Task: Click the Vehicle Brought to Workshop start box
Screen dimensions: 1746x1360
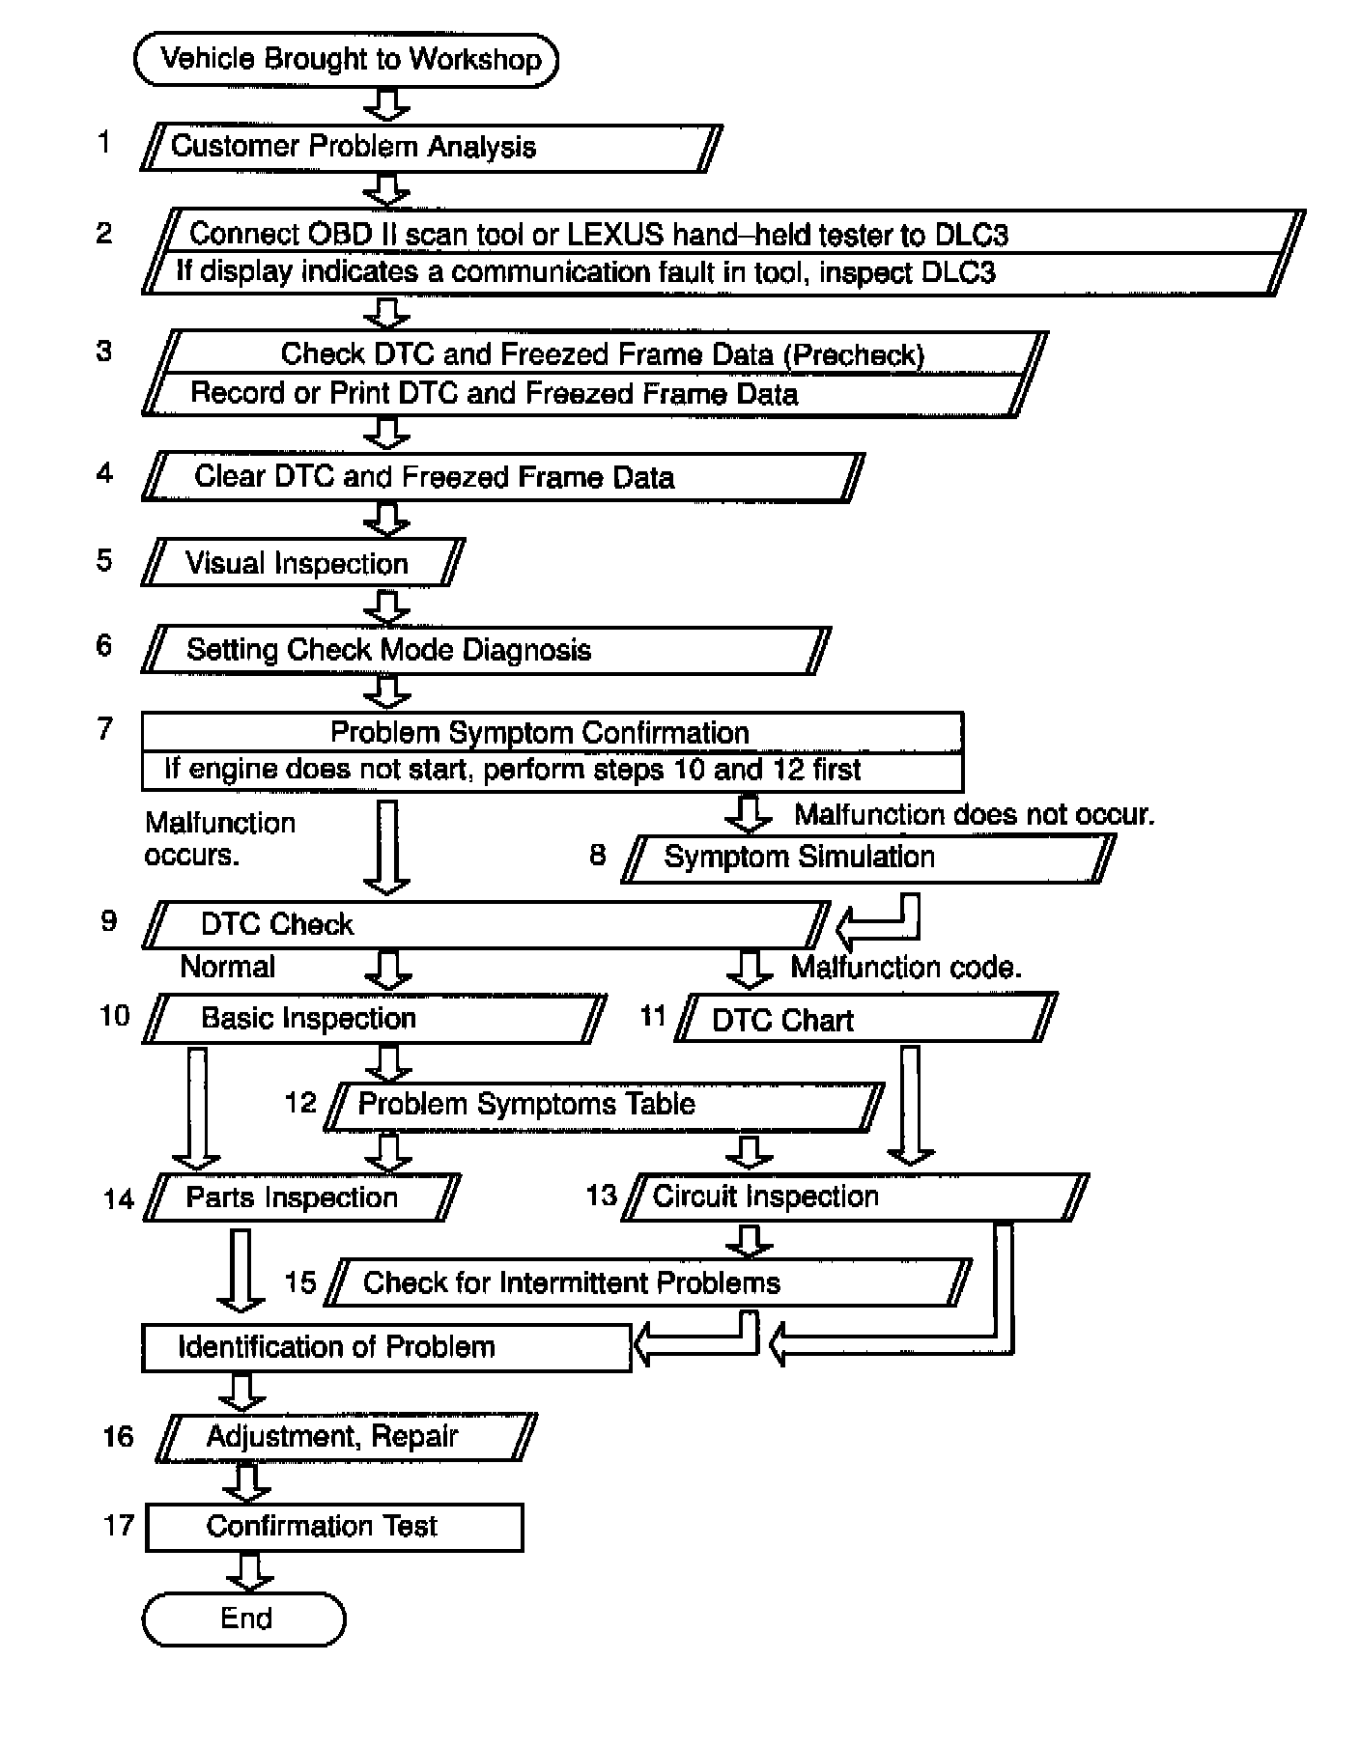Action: point(346,60)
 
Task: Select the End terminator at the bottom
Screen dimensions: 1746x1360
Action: point(244,1619)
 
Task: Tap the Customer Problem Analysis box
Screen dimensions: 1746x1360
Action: point(431,148)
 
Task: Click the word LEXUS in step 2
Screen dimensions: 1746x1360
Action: point(615,235)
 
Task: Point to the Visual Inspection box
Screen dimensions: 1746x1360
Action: point(302,563)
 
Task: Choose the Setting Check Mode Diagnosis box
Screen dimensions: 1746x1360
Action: point(486,649)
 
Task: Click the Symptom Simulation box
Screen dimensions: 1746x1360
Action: point(866,858)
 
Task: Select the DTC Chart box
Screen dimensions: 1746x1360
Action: point(865,1020)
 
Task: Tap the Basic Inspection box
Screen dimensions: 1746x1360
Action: point(374,1019)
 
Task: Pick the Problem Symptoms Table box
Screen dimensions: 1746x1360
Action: point(604,1105)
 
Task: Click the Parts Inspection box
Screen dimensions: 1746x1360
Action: point(301,1197)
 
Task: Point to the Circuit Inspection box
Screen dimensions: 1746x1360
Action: point(855,1197)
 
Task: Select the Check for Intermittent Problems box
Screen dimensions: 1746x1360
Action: point(648,1282)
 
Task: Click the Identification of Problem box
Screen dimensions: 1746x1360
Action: point(385,1347)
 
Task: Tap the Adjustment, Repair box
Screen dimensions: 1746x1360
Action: point(345,1437)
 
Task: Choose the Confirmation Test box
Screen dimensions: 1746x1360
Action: point(334,1527)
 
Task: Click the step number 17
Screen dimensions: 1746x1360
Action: point(118,1526)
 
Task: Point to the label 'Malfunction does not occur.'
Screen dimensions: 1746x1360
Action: point(974,814)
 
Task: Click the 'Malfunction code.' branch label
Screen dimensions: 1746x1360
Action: point(906,967)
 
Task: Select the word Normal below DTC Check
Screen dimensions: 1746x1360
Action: point(227,967)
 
